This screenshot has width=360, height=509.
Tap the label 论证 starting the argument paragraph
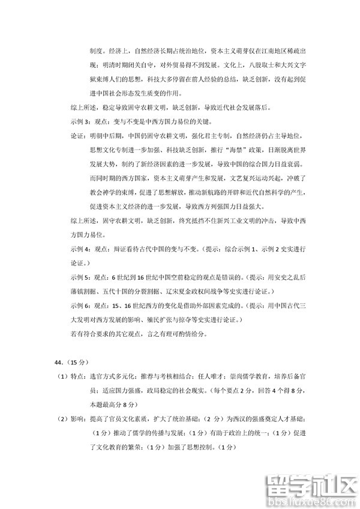pyautogui.click(x=77, y=136)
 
